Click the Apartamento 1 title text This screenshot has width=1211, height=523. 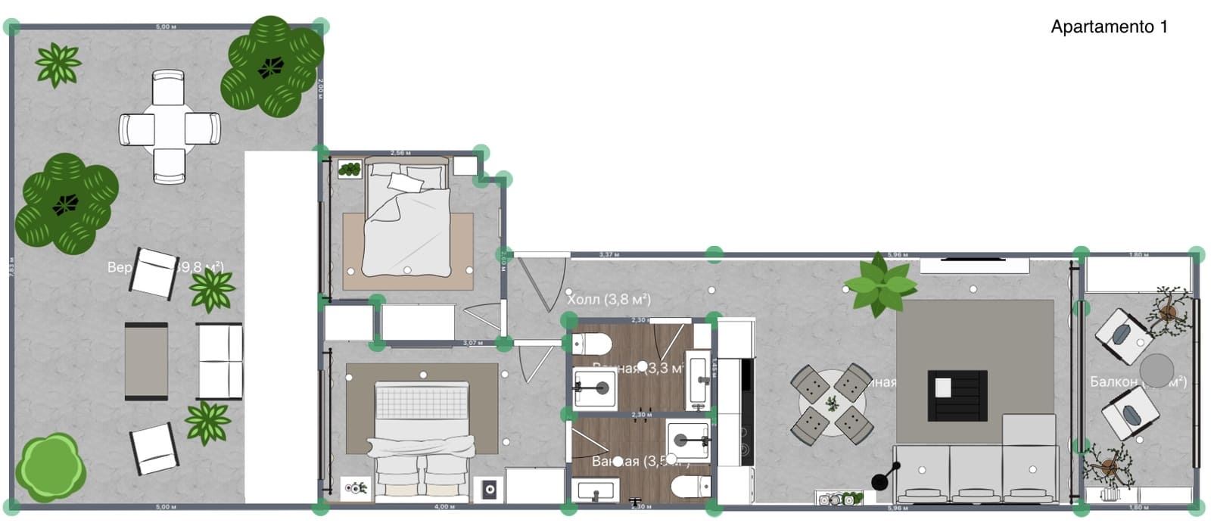coord(1109,27)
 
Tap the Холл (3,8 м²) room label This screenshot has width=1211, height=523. coord(609,299)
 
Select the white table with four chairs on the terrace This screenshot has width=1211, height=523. coord(170,127)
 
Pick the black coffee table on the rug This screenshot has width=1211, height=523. coord(957,395)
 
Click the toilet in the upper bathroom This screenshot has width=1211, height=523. coord(591,344)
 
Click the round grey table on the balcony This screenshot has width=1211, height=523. coord(1157,370)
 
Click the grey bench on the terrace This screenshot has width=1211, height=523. coord(146,361)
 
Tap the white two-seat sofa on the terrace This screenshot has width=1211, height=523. coord(219,361)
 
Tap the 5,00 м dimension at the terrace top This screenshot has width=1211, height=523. coord(166,26)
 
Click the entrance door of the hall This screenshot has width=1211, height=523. coord(542,284)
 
